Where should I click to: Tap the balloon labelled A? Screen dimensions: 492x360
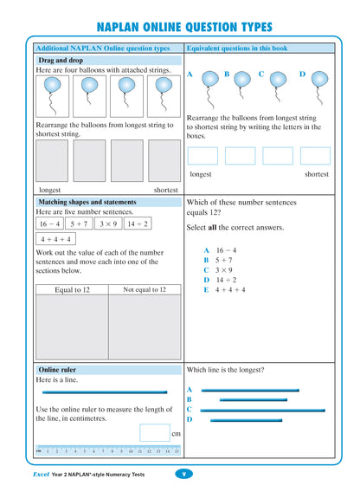click(x=211, y=81)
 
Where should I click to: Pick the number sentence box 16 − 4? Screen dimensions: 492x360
click(x=49, y=223)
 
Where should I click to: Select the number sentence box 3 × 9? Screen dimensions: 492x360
click(x=108, y=223)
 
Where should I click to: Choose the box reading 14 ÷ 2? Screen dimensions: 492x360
click(x=137, y=223)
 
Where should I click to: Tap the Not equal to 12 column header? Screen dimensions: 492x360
click(x=145, y=289)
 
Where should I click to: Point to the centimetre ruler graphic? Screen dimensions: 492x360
click(x=107, y=450)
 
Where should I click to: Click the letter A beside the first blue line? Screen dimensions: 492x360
click(x=189, y=390)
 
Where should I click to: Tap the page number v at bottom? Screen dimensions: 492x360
click(x=183, y=473)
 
